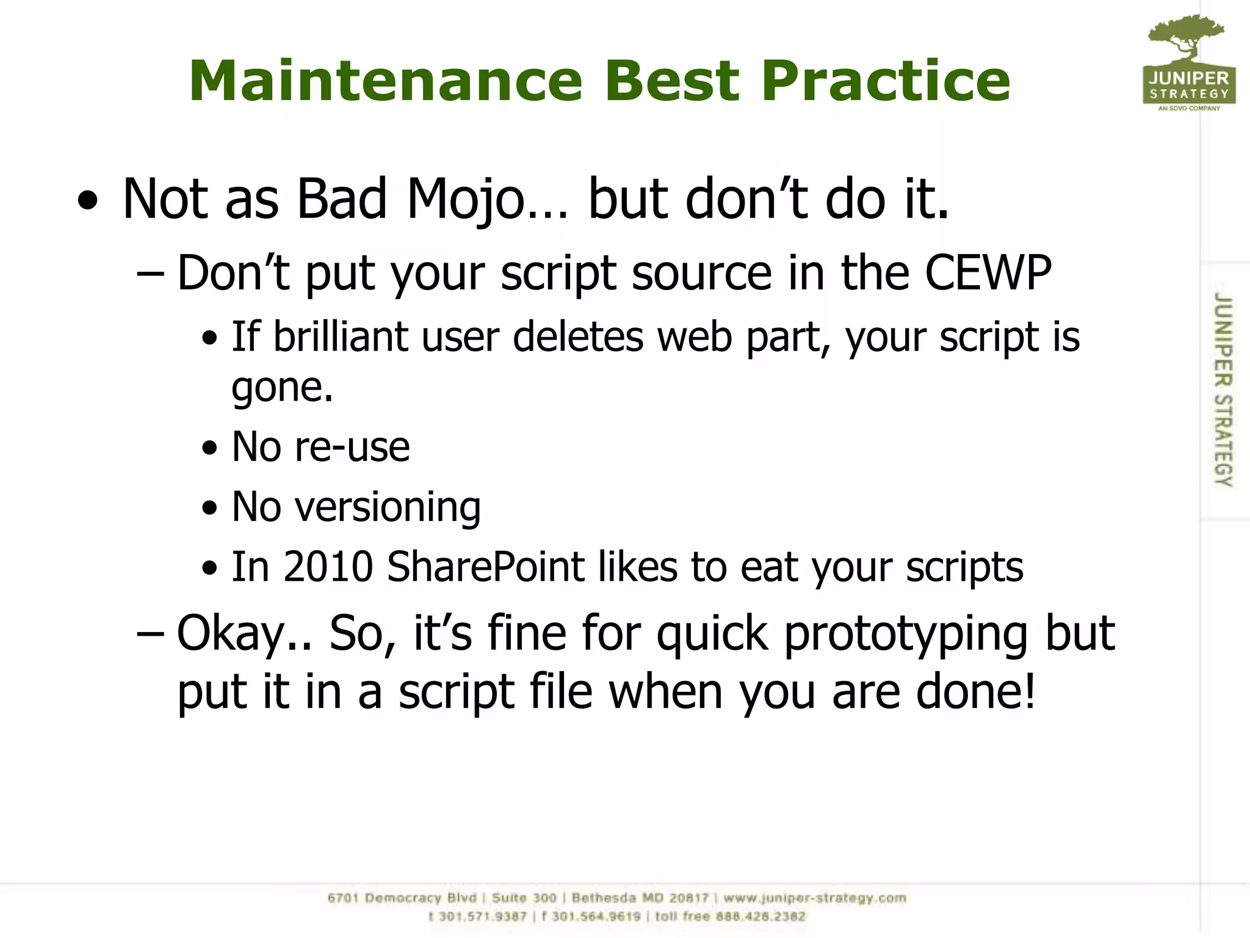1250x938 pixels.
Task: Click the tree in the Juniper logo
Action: point(1185,37)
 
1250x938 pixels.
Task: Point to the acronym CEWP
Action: point(988,273)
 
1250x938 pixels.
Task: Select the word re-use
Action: point(352,447)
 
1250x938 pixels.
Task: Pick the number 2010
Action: point(328,567)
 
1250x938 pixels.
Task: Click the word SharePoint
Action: point(486,567)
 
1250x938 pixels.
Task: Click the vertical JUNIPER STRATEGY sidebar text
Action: point(1223,390)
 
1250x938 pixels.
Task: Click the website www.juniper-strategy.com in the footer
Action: point(815,898)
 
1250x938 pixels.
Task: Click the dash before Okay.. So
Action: point(150,634)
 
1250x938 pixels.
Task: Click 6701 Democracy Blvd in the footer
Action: point(402,898)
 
